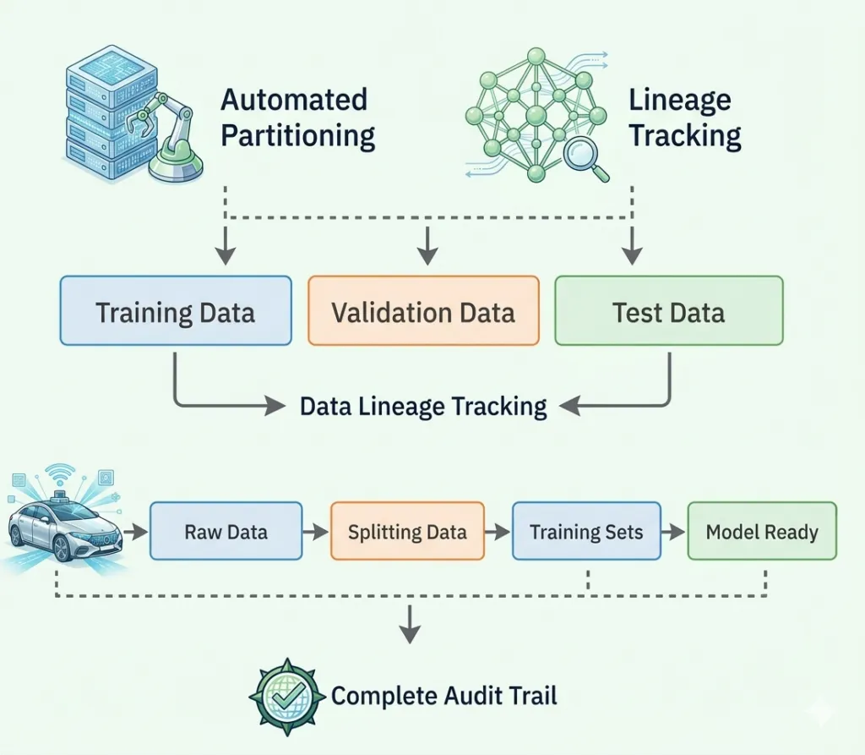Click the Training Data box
coord(176,310)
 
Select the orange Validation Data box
coord(423,310)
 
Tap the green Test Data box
coord(669,310)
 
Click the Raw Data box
coord(226,531)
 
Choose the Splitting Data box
coord(407,531)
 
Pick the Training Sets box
coord(586,531)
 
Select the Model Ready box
coord(762,531)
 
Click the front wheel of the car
coord(61,548)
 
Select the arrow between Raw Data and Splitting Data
coord(316,532)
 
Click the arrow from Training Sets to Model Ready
coord(673,532)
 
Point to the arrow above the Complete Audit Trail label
coord(410,624)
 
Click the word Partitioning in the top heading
coord(298,136)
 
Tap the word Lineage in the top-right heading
coord(680,101)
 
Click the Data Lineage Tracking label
coord(423,407)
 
